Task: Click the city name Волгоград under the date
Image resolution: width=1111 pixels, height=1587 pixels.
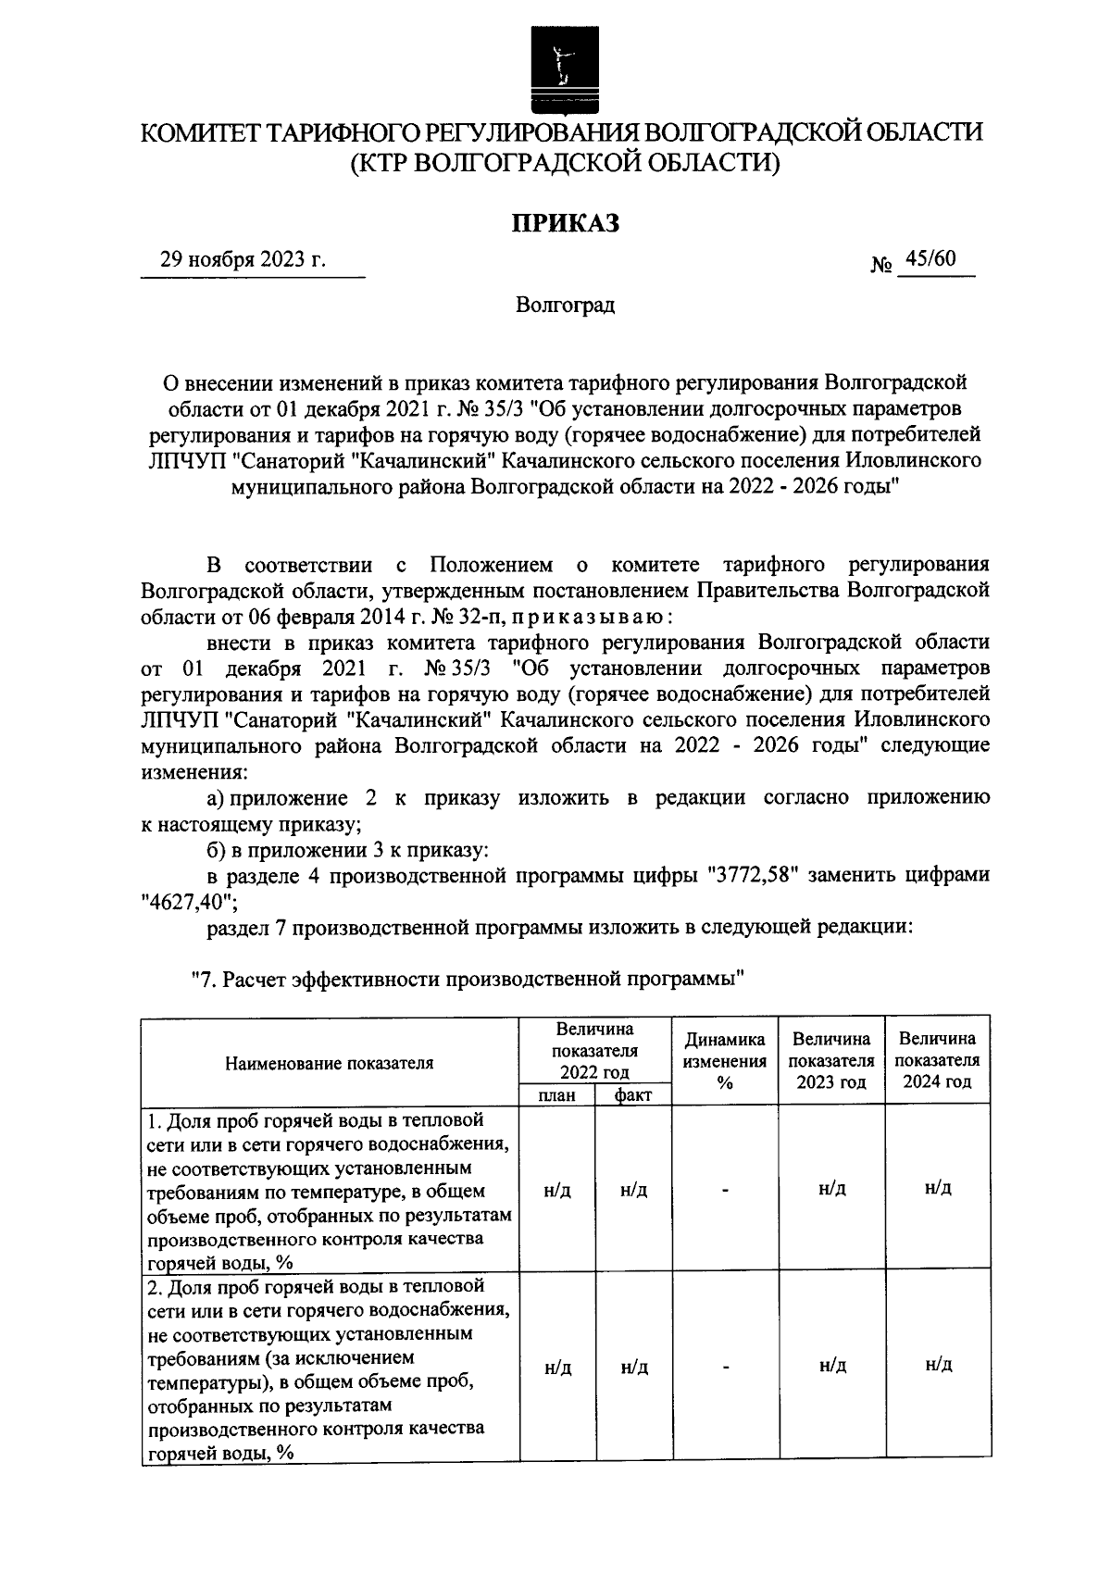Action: coord(565,305)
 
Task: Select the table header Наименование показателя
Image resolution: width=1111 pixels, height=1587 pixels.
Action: coord(330,1063)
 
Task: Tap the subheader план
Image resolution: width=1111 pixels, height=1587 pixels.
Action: coord(557,1095)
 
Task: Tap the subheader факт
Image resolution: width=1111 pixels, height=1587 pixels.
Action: coord(633,1095)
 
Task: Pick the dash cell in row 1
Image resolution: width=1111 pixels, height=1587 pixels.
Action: coord(725,1190)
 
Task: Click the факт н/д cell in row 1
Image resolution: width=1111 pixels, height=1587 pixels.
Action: coord(633,1190)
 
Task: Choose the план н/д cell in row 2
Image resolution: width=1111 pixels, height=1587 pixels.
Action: coord(557,1367)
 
